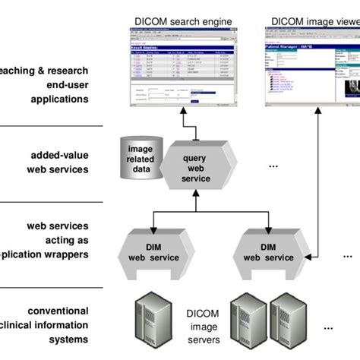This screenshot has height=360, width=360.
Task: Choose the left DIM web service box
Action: pyautogui.click(x=151, y=251)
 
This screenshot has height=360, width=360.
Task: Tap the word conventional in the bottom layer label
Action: pyautogui.click(x=58, y=311)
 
